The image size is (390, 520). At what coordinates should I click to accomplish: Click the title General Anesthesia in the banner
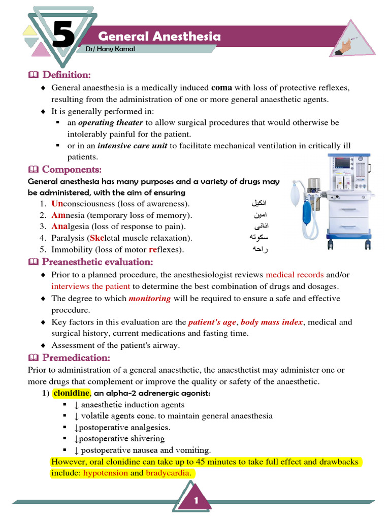coord(159,37)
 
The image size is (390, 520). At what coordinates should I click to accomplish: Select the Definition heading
coord(66,75)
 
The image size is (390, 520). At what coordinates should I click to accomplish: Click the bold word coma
coord(221,87)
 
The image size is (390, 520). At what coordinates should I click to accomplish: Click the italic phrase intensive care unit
coord(132,146)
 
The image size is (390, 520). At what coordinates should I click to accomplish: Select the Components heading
coord(72,169)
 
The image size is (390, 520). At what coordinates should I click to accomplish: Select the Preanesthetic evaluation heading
coord(97,262)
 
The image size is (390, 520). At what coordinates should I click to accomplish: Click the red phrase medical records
coord(295,275)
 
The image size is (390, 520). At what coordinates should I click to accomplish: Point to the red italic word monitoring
coord(150,299)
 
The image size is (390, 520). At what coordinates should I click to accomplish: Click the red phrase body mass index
coord(272,322)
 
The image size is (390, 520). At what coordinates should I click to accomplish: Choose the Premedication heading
coord(76,358)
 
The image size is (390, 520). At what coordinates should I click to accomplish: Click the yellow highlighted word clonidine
coord(72,394)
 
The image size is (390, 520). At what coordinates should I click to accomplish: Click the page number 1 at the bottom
coord(194,501)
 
